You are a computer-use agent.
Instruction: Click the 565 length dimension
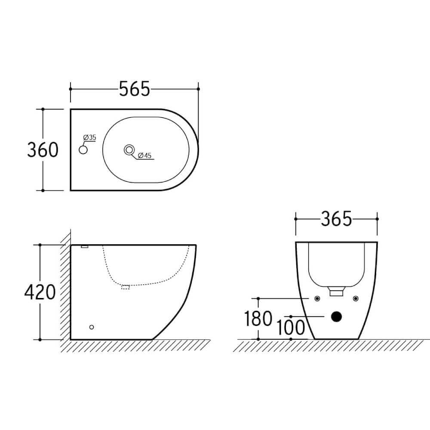point(134,89)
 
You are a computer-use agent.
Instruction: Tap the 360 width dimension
point(43,150)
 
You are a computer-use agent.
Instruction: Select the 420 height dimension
point(40,292)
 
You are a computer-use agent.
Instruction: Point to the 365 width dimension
point(336,219)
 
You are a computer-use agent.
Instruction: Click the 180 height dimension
point(258,319)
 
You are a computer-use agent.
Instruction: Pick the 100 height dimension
point(291,328)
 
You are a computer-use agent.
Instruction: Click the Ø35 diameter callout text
point(89,137)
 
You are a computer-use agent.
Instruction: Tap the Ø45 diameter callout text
point(144,156)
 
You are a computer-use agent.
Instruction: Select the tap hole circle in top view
point(83,150)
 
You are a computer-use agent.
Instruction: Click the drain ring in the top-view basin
point(129,150)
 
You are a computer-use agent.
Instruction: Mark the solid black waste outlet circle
point(336,317)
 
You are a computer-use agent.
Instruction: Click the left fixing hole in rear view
point(317,298)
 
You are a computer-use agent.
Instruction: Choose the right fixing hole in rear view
point(355,298)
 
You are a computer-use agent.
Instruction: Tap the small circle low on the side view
point(91,328)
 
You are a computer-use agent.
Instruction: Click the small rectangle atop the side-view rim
point(84,246)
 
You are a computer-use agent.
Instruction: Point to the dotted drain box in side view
point(126,287)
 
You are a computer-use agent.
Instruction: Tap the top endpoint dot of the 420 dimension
point(40,245)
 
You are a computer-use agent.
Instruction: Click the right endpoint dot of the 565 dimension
point(198,89)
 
